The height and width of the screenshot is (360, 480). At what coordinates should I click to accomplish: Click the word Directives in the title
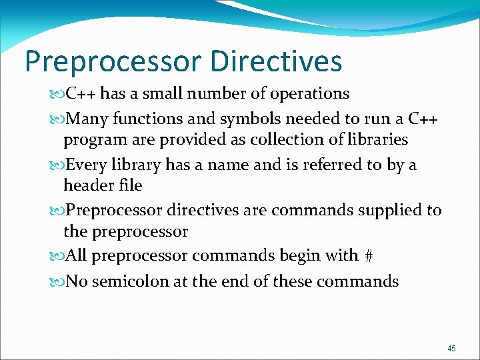tap(275, 61)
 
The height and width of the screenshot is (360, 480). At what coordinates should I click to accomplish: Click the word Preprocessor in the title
tap(112, 61)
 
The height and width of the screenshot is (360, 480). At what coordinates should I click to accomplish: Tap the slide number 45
tap(452, 349)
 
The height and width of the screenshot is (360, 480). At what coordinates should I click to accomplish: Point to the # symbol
tap(368, 256)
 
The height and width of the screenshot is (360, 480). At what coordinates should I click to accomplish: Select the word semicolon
tap(131, 281)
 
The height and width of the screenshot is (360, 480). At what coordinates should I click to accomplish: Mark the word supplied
tap(385, 211)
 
